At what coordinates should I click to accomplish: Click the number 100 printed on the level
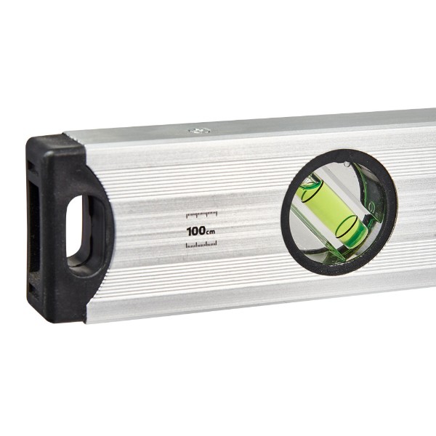[196, 231]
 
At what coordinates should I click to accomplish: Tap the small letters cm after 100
[211, 232]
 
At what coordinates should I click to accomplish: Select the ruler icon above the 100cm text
[201, 214]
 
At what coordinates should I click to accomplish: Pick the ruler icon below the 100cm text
[201, 245]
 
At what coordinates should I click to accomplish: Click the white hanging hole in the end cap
[75, 226]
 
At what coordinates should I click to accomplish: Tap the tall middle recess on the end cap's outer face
[34, 227]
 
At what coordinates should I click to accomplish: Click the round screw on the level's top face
[199, 130]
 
